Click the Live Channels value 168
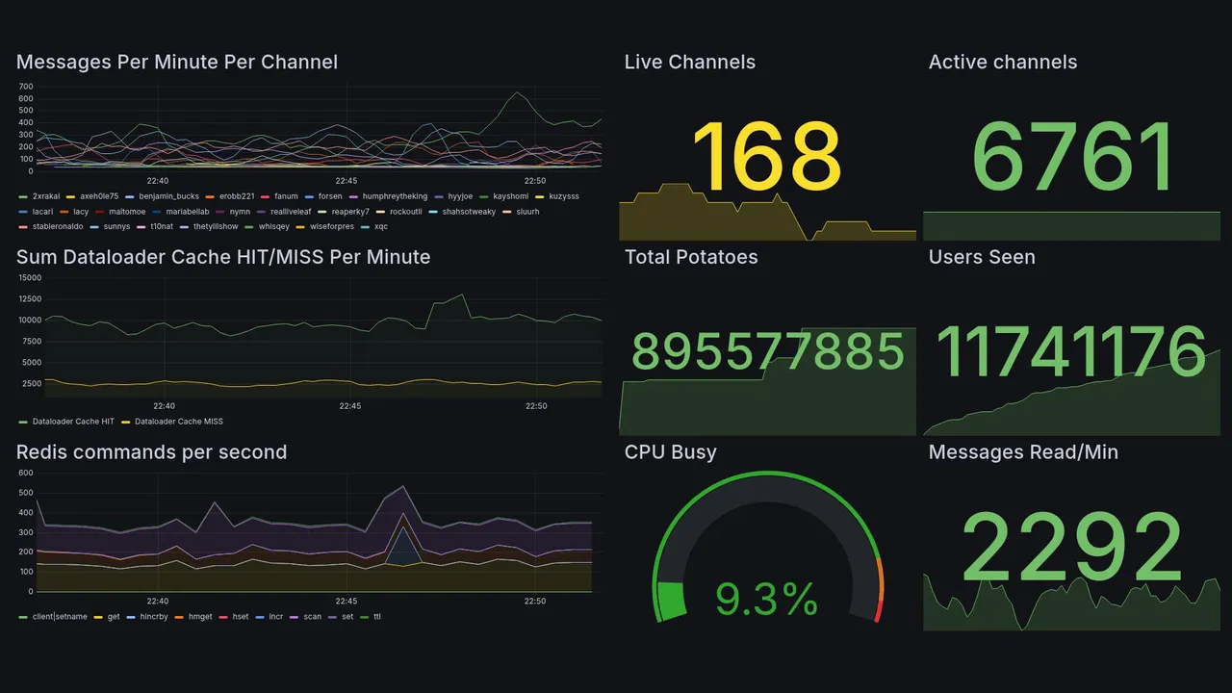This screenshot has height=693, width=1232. click(x=766, y=157)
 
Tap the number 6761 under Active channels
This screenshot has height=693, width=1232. click(x=1072, y=157)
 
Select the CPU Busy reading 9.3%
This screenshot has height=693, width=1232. click(x=766, y=600)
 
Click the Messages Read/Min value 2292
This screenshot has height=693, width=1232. click(x=1072, y=548)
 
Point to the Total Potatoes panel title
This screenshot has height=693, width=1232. click(x=691, y=257)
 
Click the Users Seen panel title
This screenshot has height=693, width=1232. click(x=982, y=257)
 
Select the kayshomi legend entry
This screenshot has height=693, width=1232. click(x=510, y=196)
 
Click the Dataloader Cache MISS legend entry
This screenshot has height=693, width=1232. click(x=178, y=422)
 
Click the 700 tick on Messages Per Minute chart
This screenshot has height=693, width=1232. click(x=26, y=87)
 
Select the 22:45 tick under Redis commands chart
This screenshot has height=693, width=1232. click(x=346, y=602)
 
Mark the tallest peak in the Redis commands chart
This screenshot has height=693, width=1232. click(x=402, y=487)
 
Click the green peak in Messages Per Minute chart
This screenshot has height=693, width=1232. click(x=517, y=93)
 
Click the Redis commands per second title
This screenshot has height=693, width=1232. click(x=151, y=452)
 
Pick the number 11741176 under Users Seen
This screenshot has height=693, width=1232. click(x=1071, y=352)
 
